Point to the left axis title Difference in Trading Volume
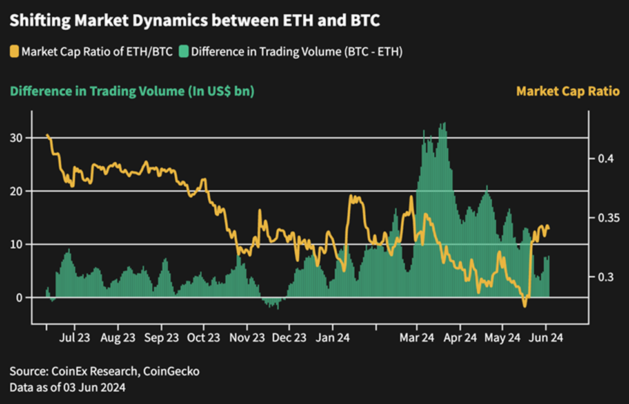coord(132,91)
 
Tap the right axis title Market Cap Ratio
coord(568,91)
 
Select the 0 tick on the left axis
coord(19,298)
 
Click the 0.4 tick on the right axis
coord(601,159)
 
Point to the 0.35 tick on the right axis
coord(606,218)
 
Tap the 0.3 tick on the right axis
coord(601,277)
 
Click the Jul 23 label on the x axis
coord(74,337)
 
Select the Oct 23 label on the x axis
coord(203,337)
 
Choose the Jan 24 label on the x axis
coord(334,337)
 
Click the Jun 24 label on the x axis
coord(546,337)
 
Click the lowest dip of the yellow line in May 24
coord(524,305)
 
